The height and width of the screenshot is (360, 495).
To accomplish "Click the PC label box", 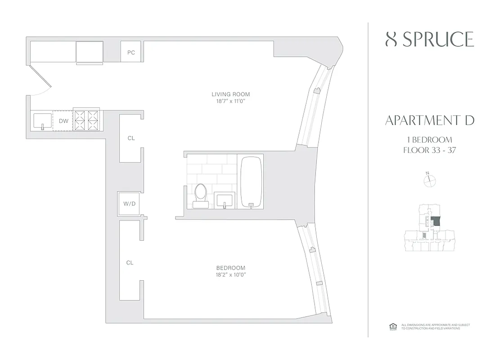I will coord(131,53).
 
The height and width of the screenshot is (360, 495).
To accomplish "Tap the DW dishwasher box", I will coord(63,121).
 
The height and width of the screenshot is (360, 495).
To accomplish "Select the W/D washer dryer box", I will coord(129,204).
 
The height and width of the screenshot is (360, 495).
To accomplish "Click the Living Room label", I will coord(230,94).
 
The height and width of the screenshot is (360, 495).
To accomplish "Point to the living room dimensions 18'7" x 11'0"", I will coord(230,102).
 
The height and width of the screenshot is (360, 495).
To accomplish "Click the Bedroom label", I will coord(230,268).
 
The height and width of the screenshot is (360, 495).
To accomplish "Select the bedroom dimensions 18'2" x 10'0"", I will coord(230,275).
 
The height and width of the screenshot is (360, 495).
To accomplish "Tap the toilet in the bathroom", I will coord(201,195).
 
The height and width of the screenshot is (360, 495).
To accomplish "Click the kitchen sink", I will coord(43,121).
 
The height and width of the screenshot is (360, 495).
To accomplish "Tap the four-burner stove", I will coord(86,121).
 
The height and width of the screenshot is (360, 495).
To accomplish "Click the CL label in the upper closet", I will coord(130,138).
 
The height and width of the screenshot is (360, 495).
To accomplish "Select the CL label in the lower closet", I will coord(130,263).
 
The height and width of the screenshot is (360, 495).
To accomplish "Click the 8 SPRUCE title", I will coord(430,40).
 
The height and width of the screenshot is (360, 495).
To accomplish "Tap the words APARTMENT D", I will coord(429,121).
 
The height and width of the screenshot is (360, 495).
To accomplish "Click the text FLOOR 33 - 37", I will coord(430,150).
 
